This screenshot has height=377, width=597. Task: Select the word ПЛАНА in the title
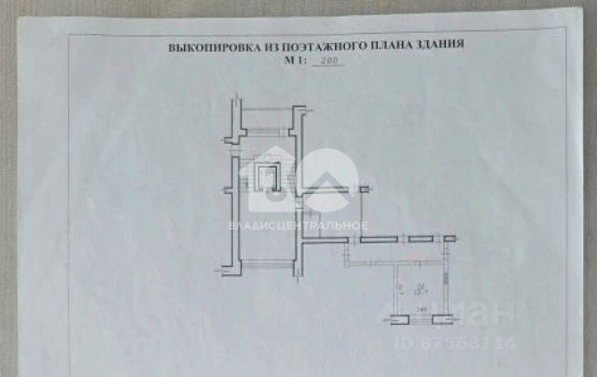379,45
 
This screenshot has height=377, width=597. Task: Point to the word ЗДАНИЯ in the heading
434,45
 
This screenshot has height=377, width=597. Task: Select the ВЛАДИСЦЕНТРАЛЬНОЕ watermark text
298,225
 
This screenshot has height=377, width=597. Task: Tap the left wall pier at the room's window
398,319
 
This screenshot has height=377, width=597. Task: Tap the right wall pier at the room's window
443,319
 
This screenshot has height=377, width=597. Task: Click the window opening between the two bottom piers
421,319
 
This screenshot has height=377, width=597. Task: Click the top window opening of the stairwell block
269,109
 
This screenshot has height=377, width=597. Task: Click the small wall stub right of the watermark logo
359,190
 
